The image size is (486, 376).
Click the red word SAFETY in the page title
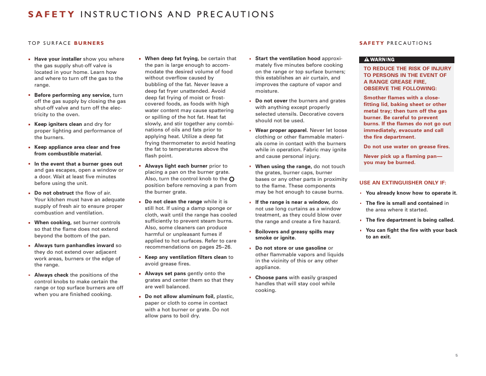point(51,14)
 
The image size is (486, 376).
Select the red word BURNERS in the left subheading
point(89,43)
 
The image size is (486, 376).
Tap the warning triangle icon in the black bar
point(366,60)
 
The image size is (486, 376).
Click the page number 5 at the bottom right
point(456,355)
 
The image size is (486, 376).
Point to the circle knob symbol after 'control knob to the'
point(232,179)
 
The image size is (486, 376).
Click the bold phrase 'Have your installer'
point(58,59)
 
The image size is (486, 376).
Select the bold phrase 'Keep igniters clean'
point(58,124)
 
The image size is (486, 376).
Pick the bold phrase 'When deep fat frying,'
point(172,59)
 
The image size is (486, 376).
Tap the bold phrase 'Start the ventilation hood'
point(287,59)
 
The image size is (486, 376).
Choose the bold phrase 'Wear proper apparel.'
point(281,130)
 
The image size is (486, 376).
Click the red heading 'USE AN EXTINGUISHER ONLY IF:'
point(402,182)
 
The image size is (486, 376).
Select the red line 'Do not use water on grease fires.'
point(407,147)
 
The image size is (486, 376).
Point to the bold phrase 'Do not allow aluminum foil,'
point(180,297)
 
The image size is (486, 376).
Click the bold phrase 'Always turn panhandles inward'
point(74,246)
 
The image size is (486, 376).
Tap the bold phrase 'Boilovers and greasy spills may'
point(294,232)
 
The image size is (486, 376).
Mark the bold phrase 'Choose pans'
point(271,278)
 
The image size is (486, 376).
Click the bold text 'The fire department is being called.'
point(410,220)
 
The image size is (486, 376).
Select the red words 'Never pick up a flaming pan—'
point(402,156)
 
